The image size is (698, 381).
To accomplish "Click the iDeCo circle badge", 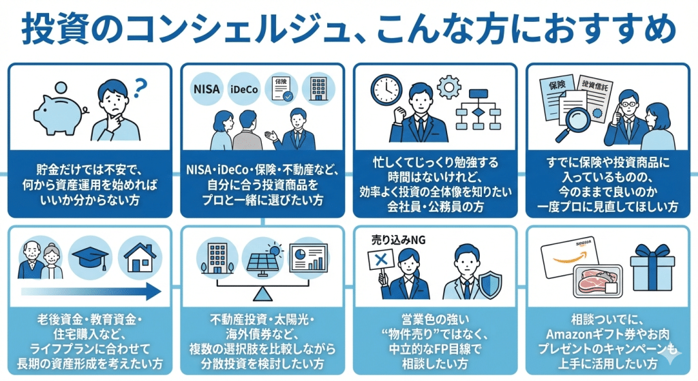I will click(246, 89).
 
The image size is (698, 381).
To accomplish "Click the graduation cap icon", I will click(90, 256).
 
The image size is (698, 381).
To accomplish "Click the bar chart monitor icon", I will click(307, 259).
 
